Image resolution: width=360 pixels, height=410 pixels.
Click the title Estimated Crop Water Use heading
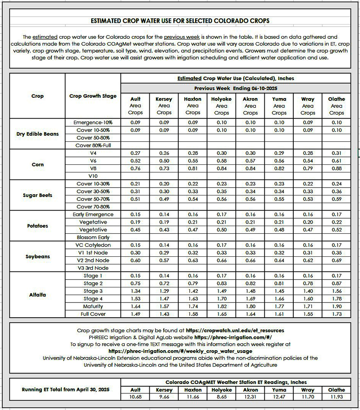[180, 21]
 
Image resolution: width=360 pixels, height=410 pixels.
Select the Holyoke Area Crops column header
[221, 105]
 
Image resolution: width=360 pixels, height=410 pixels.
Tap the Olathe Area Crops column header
[336, 105]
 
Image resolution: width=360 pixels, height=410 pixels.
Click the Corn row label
[37, 165]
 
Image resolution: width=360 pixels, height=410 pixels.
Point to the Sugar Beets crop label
[37, 195]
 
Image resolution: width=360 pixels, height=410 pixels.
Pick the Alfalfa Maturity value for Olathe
[336, 306]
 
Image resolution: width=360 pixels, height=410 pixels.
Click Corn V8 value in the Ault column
[135, 168]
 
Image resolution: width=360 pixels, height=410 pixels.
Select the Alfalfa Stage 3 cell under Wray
[308, 291]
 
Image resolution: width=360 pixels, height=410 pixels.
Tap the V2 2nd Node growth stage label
[93, 260]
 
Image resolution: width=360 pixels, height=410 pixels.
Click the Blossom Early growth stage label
[93, 237]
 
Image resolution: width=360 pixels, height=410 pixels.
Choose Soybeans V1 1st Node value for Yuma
[279, 253]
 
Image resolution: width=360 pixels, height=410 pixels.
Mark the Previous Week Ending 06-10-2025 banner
[235, 88]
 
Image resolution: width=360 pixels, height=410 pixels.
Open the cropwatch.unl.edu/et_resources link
[235, 330]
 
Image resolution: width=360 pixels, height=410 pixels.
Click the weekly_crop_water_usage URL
[180, 351]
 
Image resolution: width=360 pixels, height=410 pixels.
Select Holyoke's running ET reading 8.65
[221, 397]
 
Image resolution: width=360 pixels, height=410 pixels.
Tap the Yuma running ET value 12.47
[279, 397]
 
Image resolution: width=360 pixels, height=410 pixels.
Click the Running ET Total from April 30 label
[65, 390]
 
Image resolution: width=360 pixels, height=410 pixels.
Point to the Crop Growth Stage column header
[93, 96]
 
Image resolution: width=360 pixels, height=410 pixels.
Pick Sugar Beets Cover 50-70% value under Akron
[250, 199]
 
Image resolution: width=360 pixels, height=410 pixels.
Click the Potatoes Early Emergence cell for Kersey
[164, 214]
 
